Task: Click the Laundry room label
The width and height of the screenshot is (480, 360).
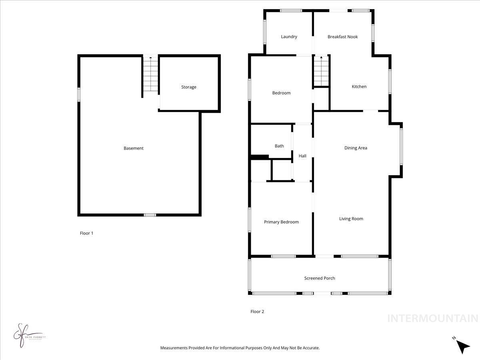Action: point(289,37)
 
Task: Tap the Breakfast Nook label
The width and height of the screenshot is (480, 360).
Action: point(342,37)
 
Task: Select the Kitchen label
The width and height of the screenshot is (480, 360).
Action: point(359,87)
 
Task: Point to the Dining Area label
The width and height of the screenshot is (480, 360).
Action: point(356,148)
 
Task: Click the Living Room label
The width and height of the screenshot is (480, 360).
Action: point(351,219)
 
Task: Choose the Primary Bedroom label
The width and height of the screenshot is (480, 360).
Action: point(281,222)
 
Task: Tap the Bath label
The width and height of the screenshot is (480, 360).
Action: point(279,146)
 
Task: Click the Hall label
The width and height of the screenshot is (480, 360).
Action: point(302,156)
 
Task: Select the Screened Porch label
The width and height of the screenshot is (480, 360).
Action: point(320,278)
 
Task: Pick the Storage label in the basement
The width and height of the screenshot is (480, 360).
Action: point(188,87)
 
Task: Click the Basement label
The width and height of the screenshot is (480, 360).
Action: point(133,148)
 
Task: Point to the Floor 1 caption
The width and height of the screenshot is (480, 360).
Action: point(86,233)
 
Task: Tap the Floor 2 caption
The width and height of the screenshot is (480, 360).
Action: point(257,312)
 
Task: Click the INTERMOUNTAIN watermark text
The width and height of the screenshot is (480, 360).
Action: point(432,318)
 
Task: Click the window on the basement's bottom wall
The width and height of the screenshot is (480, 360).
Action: point(150,215)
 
